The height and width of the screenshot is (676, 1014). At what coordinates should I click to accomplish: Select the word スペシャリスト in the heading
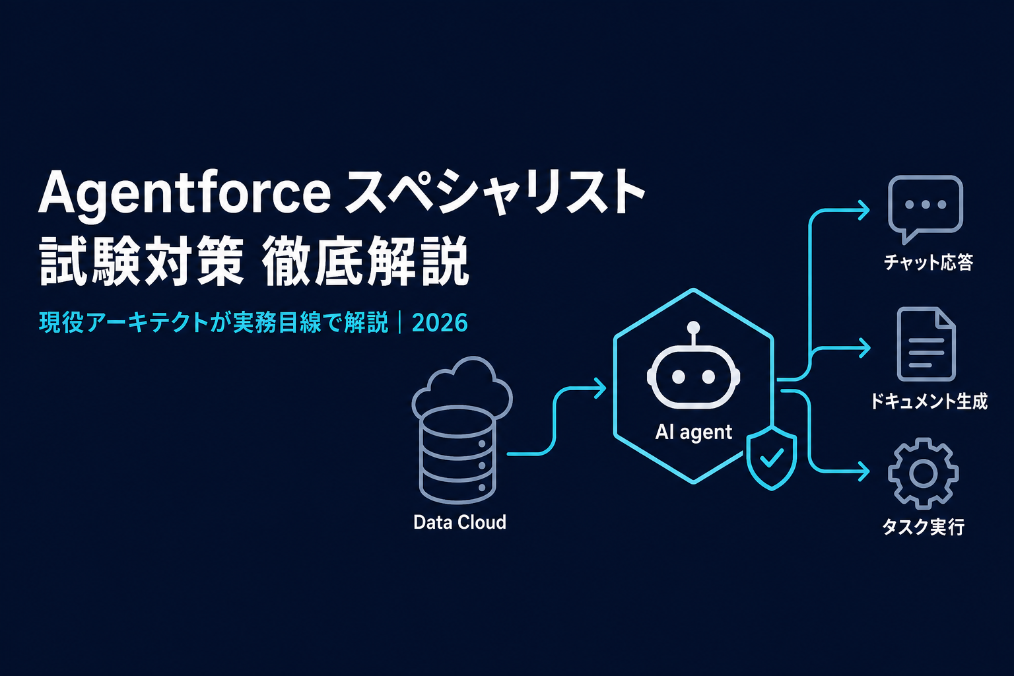pos(494,193)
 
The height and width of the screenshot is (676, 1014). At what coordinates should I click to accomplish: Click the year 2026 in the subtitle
pos(440,323)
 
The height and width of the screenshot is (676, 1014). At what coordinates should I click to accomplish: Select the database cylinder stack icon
pos(457,454)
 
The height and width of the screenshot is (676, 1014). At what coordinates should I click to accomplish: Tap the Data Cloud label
pos(459,522)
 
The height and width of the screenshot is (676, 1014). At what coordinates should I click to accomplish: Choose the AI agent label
pos(694,432)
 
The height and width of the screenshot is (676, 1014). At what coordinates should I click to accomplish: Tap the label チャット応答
pos(928,262)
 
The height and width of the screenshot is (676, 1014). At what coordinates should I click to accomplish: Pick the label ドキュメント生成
pos(928,401)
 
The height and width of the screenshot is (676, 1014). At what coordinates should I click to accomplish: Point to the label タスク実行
pos(924,527)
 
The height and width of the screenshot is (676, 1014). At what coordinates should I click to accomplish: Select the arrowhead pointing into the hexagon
pos(601,388)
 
